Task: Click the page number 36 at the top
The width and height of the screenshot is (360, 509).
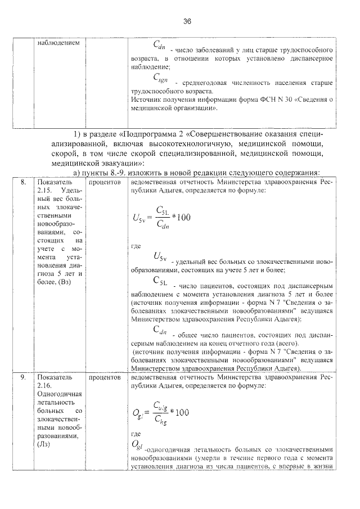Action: click(x=187, y=21)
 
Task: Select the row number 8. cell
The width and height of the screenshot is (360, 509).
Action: click(x=23, y=183)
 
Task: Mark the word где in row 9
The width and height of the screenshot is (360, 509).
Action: click(x=134, y=434)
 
